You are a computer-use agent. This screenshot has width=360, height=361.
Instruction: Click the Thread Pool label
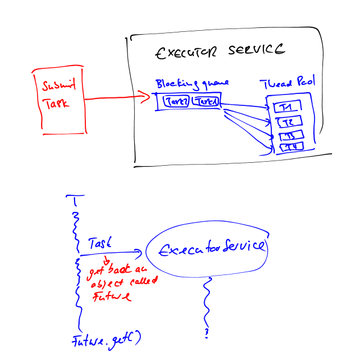pyautogui.click(x=288, y=83)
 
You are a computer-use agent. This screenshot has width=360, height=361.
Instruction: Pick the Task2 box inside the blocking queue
pyautogui.click(x=177, y=101)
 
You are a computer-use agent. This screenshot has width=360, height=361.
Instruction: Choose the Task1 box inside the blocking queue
pyautogui.click(x=205, y=101)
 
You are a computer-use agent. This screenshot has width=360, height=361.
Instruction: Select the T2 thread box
pyautogui.click(x=288, y=122)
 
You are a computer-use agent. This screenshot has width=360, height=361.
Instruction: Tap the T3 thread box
pyautogui.click(x=291, y=136)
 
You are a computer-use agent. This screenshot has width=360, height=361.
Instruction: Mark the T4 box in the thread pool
pyautogui.click(x=290, y=147)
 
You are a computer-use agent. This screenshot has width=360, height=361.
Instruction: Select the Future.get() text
pyautogui.click(x=106, y=342)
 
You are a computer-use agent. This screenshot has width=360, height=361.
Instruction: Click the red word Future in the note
pyautogui.click(x=112, y=296)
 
